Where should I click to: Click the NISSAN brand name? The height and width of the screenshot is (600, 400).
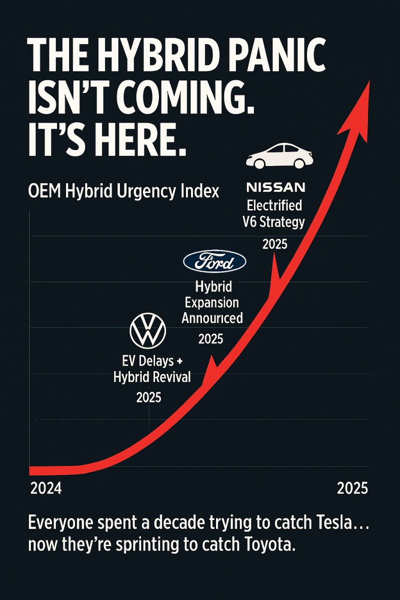[275, 187]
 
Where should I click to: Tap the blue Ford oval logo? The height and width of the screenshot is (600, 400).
[214, 262]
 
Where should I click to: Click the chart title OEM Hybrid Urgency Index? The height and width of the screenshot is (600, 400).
[125, 192]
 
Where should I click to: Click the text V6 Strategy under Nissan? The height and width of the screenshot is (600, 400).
[275, 222]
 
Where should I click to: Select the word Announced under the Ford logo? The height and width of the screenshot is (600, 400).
[212, 317]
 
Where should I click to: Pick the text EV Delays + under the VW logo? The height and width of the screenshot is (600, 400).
[148, 360]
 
